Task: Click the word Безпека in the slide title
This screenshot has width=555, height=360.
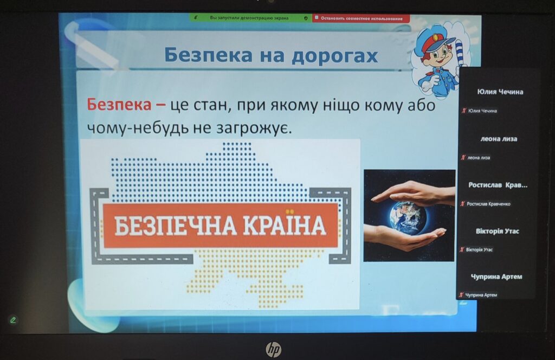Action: [x=209, y=55]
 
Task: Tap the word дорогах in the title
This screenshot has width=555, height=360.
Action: [x=335, y=56]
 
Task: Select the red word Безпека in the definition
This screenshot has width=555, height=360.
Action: [x=119, y=105]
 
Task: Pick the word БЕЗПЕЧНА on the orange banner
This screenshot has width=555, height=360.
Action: [x=175, y=226]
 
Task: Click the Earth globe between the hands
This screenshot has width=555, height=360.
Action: [x=408, y=216]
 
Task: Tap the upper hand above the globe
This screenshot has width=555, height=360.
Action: [x=414, y=192]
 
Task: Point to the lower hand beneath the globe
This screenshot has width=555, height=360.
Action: [x=403, y=237]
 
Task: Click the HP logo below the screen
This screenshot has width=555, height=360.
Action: [x=273, y=349]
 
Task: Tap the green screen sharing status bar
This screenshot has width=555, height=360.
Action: [x=250, y=18]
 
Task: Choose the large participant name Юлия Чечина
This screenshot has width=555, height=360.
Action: [x=500, y=92]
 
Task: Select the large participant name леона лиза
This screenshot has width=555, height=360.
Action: [x=499, y=139]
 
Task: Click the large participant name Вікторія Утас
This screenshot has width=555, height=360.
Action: [x=497, y=231]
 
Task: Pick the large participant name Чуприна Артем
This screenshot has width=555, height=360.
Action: [x=496, y=277]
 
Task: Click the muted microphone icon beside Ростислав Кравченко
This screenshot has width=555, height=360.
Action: [x=462, y=203]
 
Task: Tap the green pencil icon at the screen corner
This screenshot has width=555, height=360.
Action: [x=13, y=320]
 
